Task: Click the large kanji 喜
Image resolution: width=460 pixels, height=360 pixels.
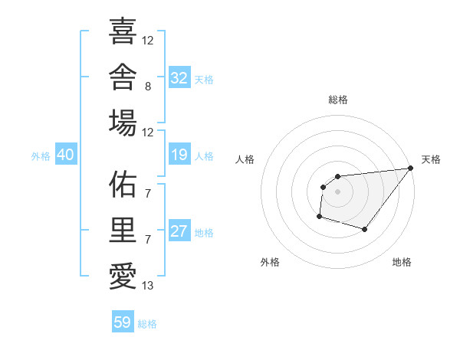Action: [x=123, y=31]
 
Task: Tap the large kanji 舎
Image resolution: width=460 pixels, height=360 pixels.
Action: [x=123, y=77]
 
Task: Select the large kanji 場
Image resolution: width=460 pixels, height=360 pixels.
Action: [x=123, y=123]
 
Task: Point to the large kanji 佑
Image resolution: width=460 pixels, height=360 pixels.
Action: [x=123, y=184]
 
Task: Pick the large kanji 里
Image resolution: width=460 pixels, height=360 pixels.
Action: [x=123, y=230]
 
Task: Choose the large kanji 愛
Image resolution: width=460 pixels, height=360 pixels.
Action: [x=123, y=277]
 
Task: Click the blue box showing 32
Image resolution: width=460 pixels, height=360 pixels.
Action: [x=179, y=77]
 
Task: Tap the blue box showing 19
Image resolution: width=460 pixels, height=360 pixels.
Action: [x=179, y=154]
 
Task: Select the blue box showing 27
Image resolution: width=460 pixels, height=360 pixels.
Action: [x=179, y=230]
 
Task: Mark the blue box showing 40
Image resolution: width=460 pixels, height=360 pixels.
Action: [x=66, y=154]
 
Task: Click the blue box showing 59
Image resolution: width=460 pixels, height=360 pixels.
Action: [x=123, y=321]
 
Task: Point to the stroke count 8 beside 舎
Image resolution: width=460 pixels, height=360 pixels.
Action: [x=148, y=87]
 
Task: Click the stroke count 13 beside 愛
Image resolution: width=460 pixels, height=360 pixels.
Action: [x=147, y=286]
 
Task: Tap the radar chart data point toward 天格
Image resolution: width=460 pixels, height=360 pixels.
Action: [x=410, y=168]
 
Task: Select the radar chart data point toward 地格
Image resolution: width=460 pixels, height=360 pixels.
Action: [x=364, y=229]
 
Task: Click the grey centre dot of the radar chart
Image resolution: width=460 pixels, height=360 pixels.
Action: [x=337, y=191]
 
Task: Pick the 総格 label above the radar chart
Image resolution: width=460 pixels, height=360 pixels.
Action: [x=338, y=100]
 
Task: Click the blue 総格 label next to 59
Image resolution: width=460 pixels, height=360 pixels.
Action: [x=147, y=324]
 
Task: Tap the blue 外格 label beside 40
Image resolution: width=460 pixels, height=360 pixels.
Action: [x=41, y=156]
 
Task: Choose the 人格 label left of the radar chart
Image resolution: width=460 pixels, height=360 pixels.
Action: [x=245, y=159]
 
